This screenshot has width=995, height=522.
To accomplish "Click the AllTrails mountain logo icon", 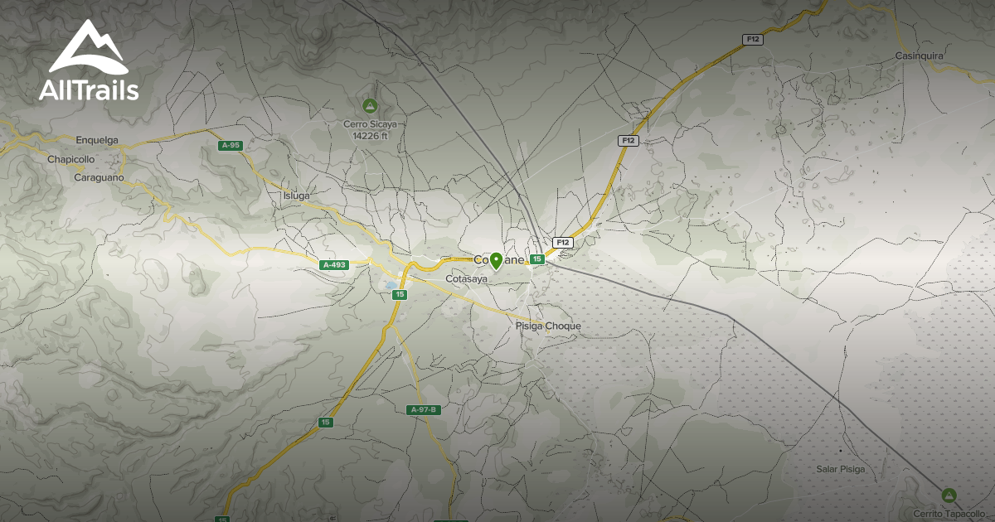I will point(88,48).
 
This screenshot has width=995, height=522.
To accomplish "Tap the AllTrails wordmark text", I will point(88,90).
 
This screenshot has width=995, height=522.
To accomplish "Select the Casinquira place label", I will point(920,56).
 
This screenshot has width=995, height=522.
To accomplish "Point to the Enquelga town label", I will point(99,139).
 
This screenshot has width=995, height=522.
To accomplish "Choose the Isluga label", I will point(296,196).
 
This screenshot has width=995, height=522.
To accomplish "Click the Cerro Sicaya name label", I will point(371,124).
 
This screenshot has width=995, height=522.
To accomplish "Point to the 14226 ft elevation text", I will point(371,135).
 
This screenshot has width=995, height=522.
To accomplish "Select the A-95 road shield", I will point(230,146).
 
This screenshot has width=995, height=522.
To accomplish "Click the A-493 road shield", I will point(333,265).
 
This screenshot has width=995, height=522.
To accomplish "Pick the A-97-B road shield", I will point(423,409).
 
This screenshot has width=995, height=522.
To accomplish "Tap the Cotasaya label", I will point(467,279).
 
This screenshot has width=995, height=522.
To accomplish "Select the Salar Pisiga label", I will point(840,469).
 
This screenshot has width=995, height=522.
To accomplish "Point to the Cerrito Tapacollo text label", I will point(948,513).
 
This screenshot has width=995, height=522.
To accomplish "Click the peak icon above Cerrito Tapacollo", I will point(949,495).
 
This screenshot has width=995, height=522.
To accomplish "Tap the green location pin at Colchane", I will point(496,261).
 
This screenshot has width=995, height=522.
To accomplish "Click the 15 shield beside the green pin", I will point(537,259).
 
